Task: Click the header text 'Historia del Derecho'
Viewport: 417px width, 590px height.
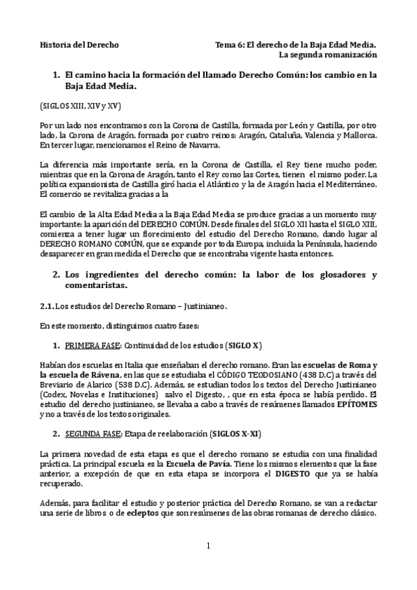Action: pos(79,45)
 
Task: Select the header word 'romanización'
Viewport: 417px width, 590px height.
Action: pos(350,54)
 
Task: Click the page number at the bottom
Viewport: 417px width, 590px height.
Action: pos(207,545)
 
